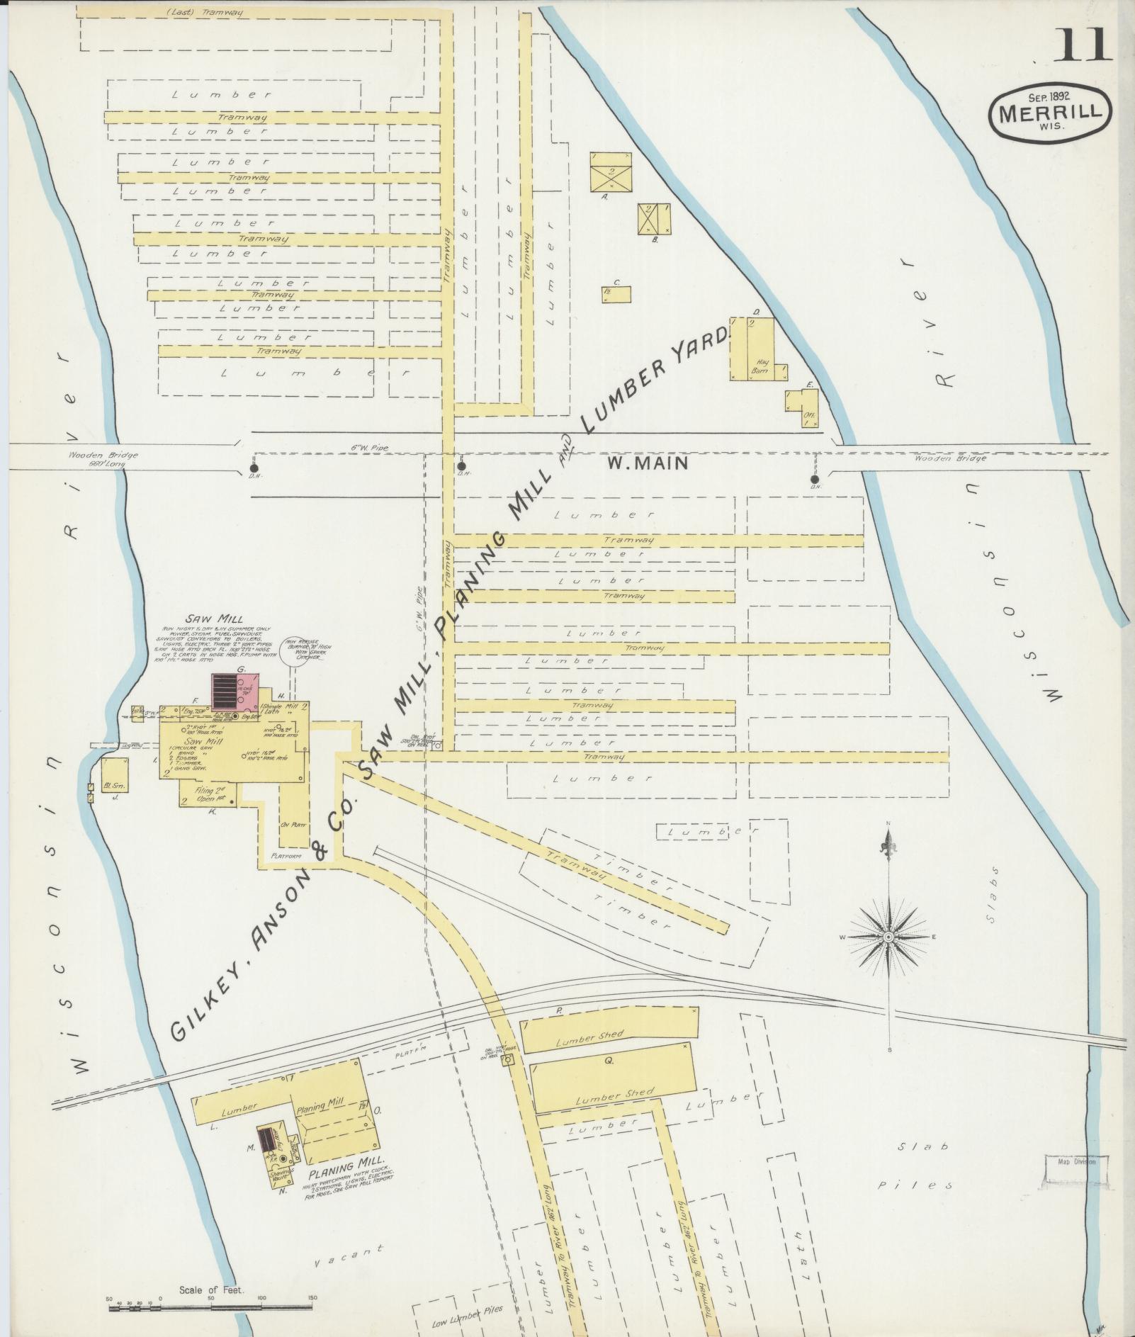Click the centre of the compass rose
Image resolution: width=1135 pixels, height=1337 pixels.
[x=888, y=937]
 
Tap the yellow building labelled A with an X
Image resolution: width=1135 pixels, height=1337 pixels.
[x=611, y=171]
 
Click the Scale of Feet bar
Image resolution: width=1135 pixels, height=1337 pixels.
[x=213, y=1308]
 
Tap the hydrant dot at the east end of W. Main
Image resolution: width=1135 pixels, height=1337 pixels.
[x=815, y=480]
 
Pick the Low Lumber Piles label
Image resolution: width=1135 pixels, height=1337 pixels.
[x=468, y=1309]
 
